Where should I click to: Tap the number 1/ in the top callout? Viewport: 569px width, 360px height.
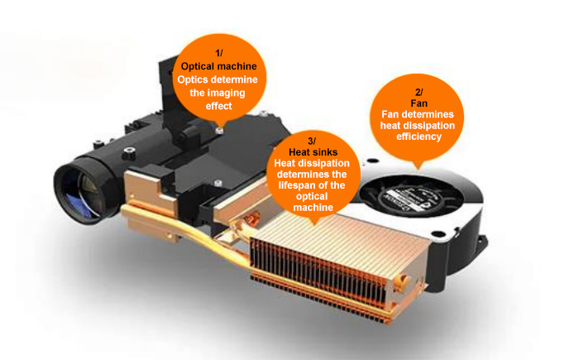tap(219, 54)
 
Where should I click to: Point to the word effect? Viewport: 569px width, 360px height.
tap(218, 106)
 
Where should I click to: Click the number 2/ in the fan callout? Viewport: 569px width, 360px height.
tap(418, 92)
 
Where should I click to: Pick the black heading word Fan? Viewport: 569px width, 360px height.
tap(418, 103)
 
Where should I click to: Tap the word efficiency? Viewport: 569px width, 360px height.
tap(418, 137)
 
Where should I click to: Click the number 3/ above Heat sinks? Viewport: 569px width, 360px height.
tap(312, 141)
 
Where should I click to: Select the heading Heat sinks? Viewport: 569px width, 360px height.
tap(313, 152)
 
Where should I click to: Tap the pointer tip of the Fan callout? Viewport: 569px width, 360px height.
tap(419, 169)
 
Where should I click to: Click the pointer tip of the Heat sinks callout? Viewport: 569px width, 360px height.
tap(314, 224)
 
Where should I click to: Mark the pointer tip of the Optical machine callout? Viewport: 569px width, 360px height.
tap(219, 127)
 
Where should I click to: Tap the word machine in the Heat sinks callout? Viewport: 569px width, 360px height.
tap(313, 208)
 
